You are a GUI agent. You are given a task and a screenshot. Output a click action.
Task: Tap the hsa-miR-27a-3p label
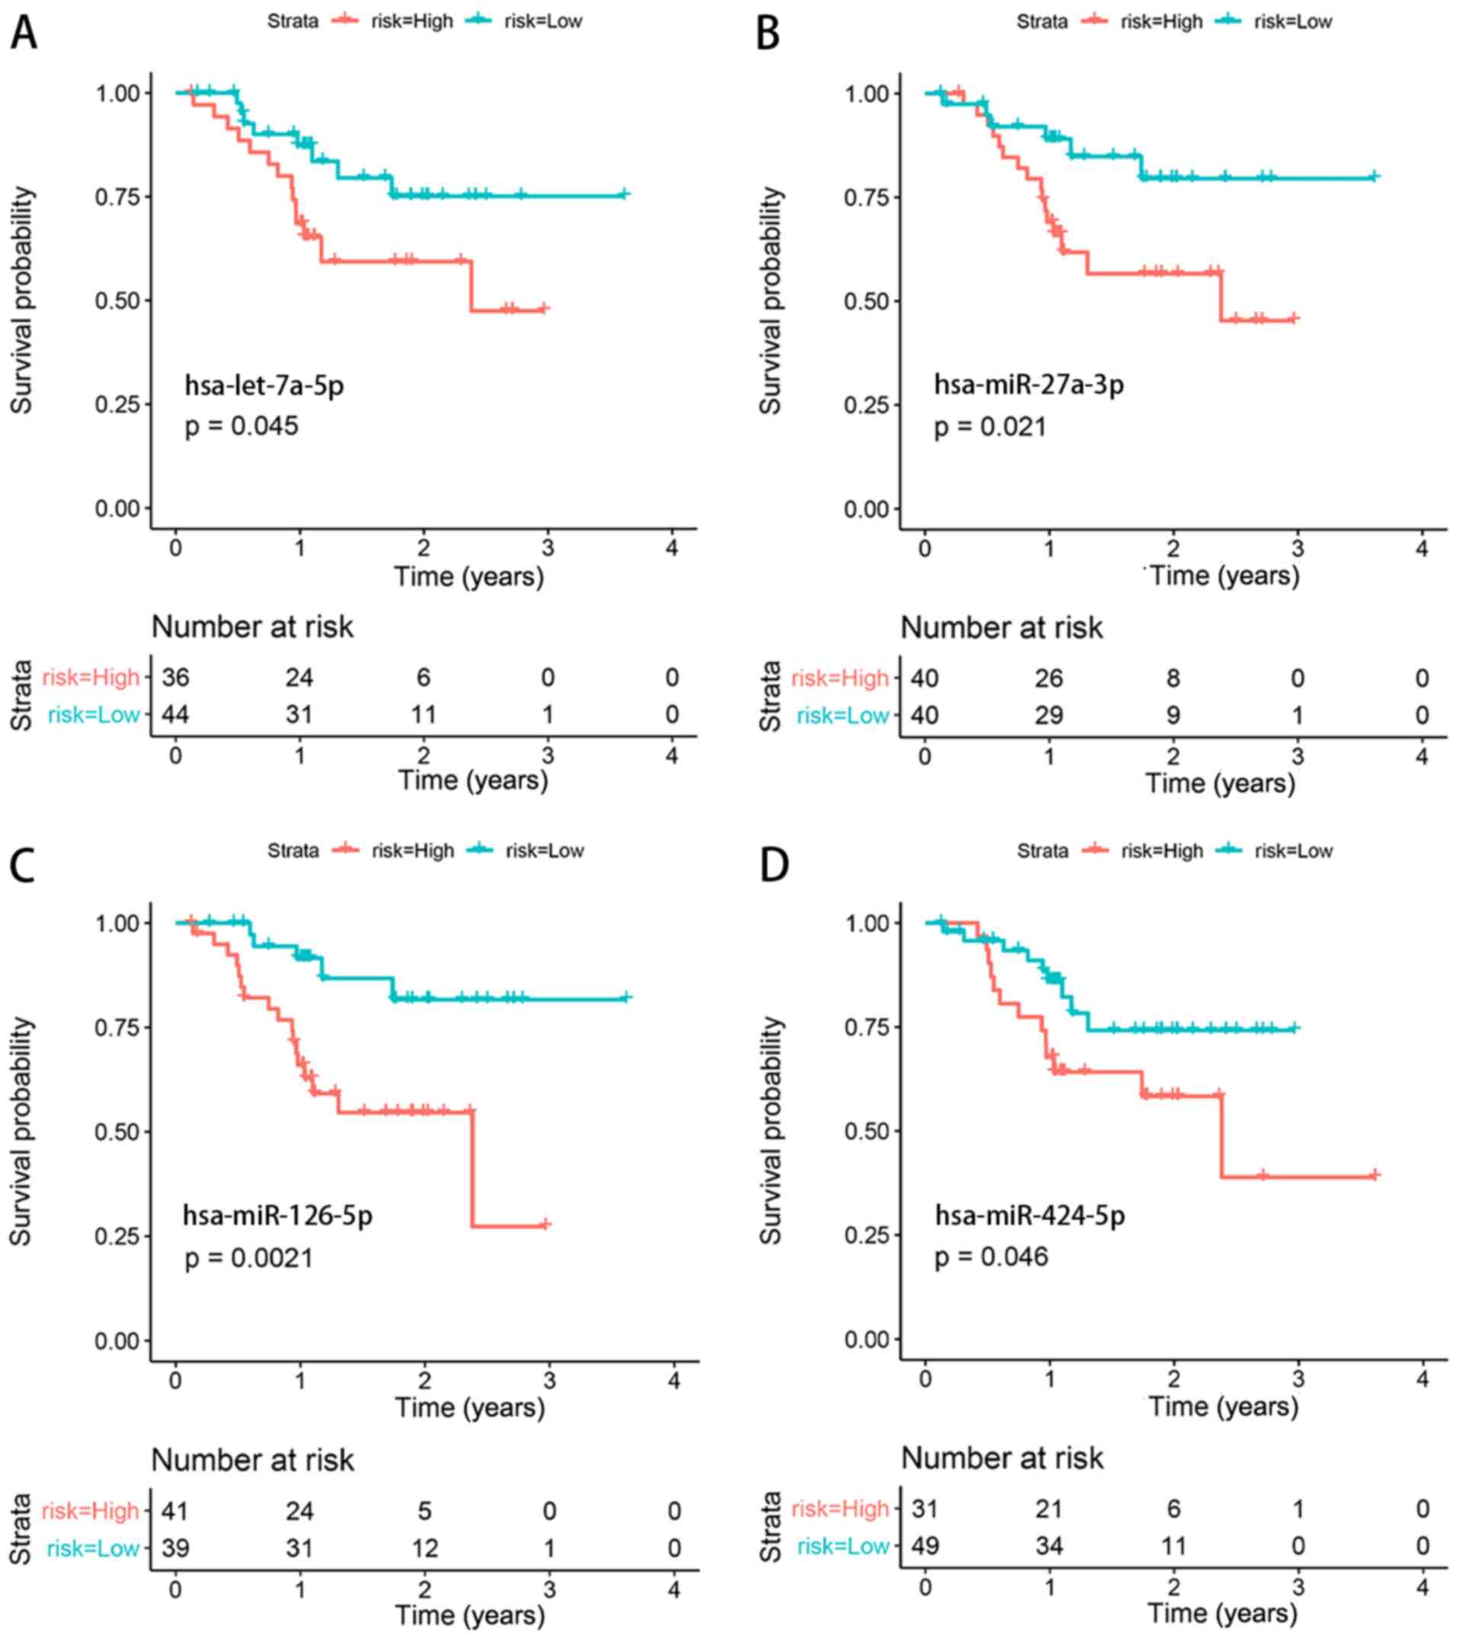[x=1028, y=385]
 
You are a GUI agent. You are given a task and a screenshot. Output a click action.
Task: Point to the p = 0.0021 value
[x=248, y=1257]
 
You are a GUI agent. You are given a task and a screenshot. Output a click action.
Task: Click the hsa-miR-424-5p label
[x=1030, y=1216]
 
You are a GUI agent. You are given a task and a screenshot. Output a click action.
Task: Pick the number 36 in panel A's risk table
[x=175, y=678]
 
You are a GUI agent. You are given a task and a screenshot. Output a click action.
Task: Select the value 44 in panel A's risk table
[x=175, y=714]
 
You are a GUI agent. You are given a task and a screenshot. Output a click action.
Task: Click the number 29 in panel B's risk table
[x=1049, y=715]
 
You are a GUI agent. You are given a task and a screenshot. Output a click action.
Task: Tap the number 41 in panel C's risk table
[x=175, y=1511]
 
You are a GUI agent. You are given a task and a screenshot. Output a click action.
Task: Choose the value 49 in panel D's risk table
[x=925, y=1546]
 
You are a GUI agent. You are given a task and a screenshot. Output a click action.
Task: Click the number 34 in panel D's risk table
[x=1049, y=1546]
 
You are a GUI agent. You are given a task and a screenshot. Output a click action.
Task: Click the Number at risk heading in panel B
[x=1001, y=628]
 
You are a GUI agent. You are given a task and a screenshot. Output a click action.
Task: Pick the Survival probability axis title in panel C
[x=21, y=1131]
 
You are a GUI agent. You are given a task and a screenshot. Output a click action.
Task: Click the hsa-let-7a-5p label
[x=264, y=386]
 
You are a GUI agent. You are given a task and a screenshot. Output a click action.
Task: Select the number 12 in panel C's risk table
[x=424, y=1548]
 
